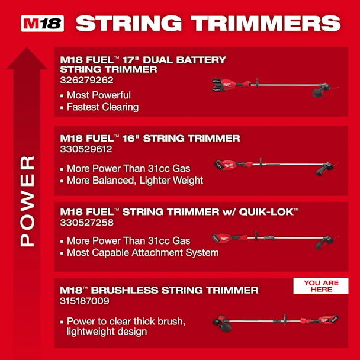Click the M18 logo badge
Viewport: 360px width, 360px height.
coord(42,23)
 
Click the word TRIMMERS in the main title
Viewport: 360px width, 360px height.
coord(266,23)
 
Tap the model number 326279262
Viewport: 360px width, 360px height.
coord(86,80)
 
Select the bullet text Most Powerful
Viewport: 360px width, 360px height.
coord(99,95)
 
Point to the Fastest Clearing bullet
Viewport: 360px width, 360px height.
coord(102,107)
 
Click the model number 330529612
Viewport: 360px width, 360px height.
coord(86,149)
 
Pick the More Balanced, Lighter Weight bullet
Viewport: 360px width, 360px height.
coord(135,181)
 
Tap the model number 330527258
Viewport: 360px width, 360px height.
coord(87,223)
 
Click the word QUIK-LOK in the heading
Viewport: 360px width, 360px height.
coord(266,212)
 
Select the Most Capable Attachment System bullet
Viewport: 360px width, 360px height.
coord(143,253)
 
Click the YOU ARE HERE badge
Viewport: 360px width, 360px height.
coord(321,286)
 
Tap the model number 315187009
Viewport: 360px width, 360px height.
coord(85,301)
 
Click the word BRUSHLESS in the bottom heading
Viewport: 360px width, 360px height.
coord(124,290)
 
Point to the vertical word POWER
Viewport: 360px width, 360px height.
coord(27,201)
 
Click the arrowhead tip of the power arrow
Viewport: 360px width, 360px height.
coord(27,47)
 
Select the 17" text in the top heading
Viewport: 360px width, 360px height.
coord(131,60)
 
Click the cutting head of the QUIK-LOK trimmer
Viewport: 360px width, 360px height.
coord(324,242)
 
